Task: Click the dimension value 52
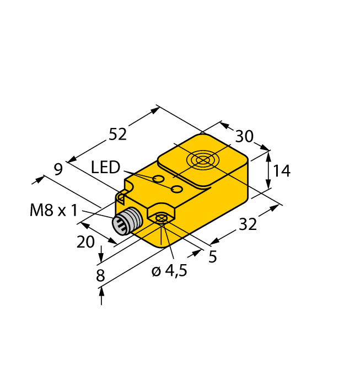(117, 134)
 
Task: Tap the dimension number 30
(244, 137)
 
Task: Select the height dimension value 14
(281, 171)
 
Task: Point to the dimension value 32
(249, 224)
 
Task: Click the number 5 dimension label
(212, 256)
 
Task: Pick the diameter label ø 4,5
(169, 271)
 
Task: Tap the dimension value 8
(100, 275)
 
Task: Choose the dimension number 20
(85, 242)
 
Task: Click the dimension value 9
(58, 170)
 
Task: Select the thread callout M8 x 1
(53, 210)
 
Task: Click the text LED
(105, 167)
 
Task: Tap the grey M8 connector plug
(124, 222)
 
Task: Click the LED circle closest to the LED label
(158, 179)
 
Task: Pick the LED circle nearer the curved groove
(177, 190)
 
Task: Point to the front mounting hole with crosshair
(161, 219)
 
